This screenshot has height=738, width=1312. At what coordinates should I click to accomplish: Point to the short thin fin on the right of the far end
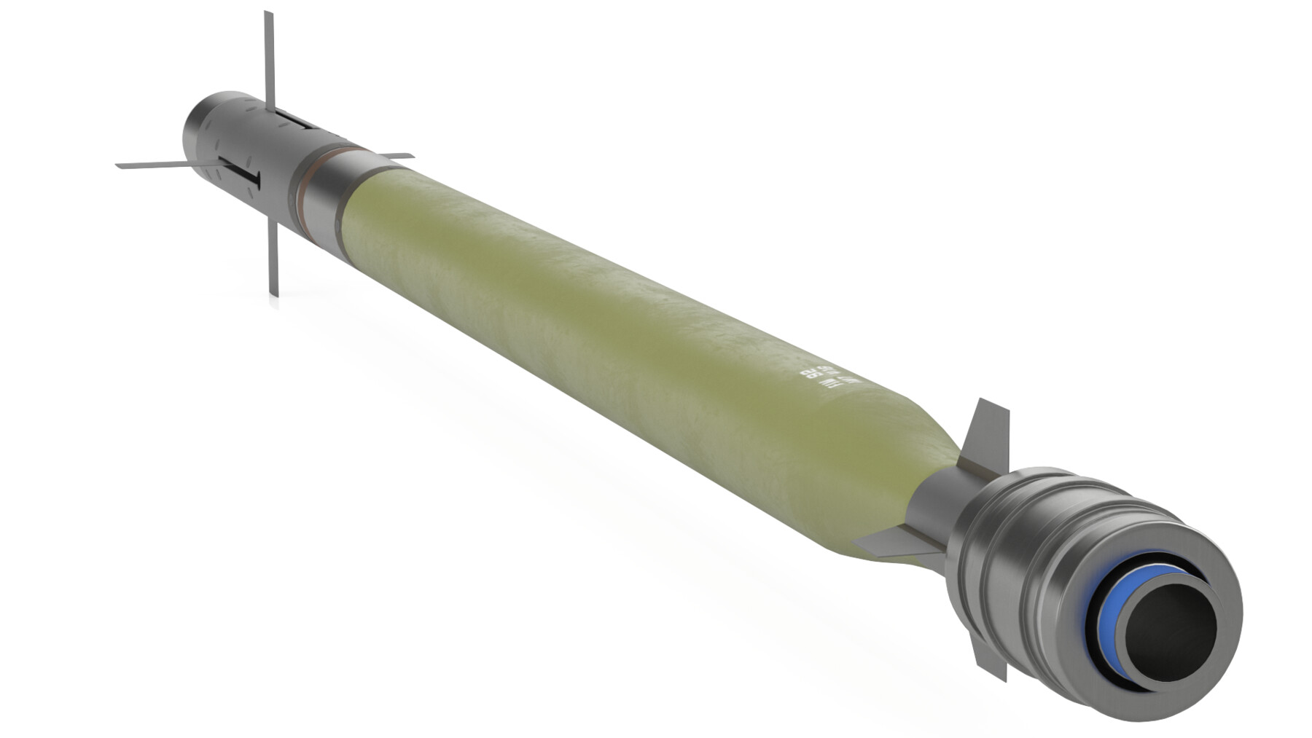394,157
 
